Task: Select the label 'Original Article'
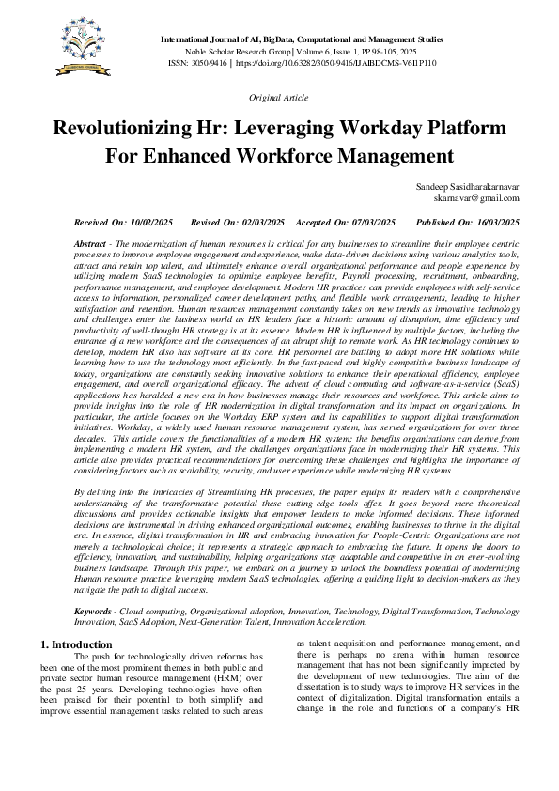(x=279, y=98)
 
